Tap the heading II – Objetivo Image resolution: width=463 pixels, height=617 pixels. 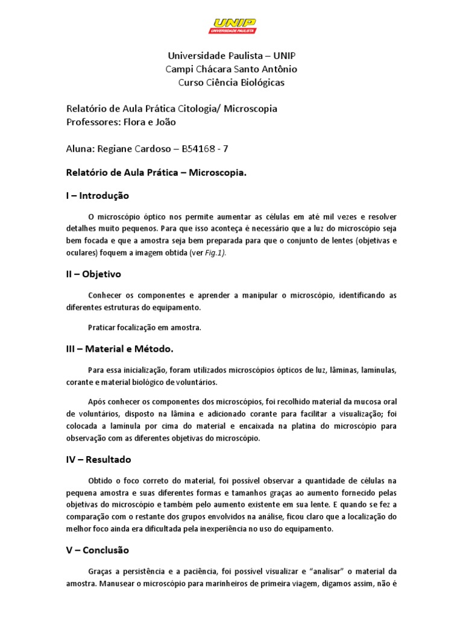[x=93, y=274]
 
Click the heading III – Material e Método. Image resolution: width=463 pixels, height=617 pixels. [x=119, y=349]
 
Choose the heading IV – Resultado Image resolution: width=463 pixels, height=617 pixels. [x=98, y=460]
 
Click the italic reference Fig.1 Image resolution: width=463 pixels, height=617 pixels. [x=215, y=254]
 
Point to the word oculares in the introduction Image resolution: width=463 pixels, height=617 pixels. [x=82, y=254]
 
